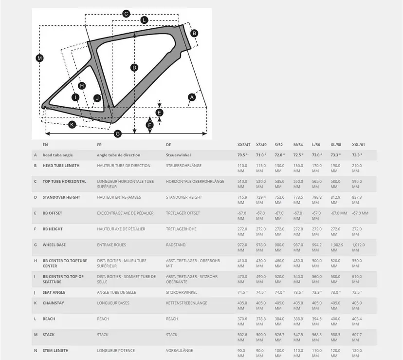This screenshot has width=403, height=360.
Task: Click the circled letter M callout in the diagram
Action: [40, 58]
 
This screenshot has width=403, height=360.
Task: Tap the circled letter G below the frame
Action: [117, 133]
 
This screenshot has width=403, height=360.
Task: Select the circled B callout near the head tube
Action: [194, 33]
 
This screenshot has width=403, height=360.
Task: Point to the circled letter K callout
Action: [72, 125]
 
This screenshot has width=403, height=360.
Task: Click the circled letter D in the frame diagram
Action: [134, 67]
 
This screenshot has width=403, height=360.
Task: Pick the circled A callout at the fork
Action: [192, 97]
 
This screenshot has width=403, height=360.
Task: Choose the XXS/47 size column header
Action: [244, 145]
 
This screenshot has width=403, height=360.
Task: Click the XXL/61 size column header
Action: [359, 145]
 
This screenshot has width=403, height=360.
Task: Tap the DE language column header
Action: [168, 145]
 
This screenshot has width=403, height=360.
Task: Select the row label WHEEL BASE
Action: [55, 245]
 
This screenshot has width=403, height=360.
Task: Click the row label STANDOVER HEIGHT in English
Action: [61, 197]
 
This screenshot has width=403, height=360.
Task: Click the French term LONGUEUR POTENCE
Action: [116, 350]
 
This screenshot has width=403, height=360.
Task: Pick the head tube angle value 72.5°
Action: [298, 155]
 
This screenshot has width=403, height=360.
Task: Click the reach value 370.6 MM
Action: [242, 322]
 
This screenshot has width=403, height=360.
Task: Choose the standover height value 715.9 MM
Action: [242, 200]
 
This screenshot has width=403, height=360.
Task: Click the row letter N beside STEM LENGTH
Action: [35, 350]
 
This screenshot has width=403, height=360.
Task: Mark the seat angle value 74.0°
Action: [279, 292]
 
